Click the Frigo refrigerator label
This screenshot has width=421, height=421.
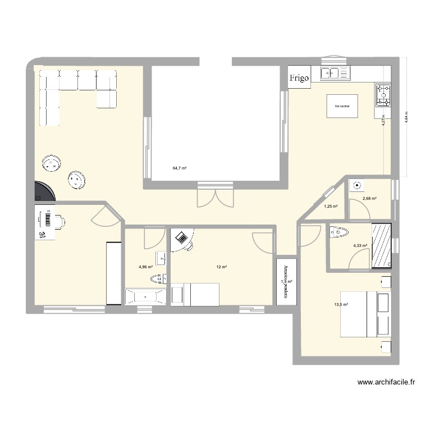299,79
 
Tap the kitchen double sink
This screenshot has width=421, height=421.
334,72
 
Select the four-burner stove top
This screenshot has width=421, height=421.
383,95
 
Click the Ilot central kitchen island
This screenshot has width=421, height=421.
342,106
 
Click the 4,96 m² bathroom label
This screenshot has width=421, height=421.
145,267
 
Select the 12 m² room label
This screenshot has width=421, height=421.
221,267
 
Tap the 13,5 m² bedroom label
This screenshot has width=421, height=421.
341,305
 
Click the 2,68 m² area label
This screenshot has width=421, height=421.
369,198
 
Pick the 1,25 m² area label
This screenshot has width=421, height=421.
331,207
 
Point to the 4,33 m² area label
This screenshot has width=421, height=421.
360,245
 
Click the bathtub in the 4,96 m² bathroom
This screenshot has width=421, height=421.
145,296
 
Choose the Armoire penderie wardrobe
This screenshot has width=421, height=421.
286,282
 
